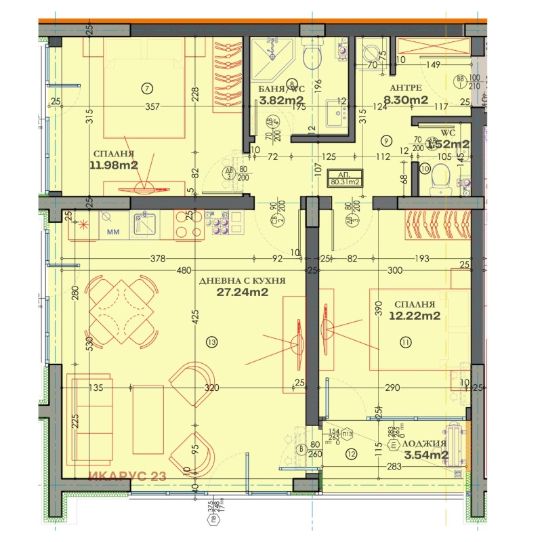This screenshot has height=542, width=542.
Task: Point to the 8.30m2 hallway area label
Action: pyautogui.click(x=406, y=100)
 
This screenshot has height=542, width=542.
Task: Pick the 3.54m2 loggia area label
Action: pyautogui.click(x=425, y=455)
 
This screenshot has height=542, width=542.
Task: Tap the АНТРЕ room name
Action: pyautogui.click(x=406, y=88)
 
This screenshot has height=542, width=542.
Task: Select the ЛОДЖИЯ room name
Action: pyautogui.click(x=425, y=443)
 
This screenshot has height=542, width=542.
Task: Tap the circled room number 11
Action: pyautogui.click(x=406, y=343)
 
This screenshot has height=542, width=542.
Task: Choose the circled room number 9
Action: pyautogui.click(x=385, y=141)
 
